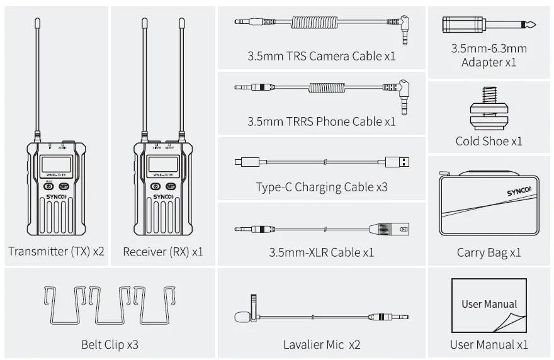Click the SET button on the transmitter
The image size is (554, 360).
tap(64, 186)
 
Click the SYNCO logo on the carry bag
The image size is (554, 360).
tap(519, 189)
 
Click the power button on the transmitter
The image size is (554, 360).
tap(48, 186)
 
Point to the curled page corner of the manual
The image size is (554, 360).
tap(511, 322)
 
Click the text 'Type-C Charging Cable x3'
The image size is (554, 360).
tap(321, 187)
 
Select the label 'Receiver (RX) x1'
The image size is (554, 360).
tap(163, 252)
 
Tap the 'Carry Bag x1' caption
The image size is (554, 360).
tap(489, 253)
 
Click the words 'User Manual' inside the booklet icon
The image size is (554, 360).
tap(489, 304)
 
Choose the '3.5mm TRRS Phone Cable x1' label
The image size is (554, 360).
tap(321, 121)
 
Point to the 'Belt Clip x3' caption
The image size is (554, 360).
tap(110, 344)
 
